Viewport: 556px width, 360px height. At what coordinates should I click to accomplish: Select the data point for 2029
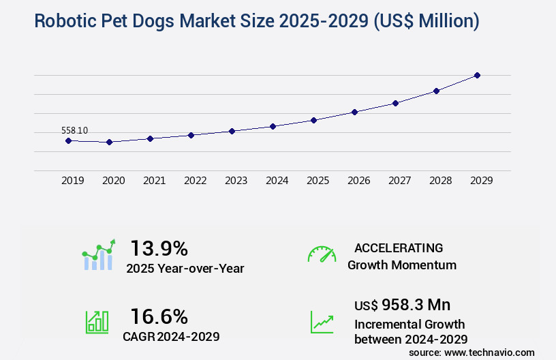point(477,75)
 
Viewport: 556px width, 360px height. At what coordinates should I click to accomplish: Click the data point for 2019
point(68,140)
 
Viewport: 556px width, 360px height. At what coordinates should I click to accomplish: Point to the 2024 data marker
point(273,126)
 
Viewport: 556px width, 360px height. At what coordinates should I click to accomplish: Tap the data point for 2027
point(395,103)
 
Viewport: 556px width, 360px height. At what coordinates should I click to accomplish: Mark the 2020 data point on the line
point(109,142)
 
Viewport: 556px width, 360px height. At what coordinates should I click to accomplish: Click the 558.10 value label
point(74,130)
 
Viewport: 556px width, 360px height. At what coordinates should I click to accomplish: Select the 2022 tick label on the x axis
point(195,181)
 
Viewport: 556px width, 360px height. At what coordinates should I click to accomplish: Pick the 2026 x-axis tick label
point(358,181)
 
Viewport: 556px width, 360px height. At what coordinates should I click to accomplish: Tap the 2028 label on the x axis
point(440,181)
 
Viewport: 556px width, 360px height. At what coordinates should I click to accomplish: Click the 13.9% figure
point(159,247)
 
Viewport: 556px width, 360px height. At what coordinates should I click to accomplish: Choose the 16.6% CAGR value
point(159,316)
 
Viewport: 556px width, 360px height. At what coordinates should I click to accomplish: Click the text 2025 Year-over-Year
point(185,269)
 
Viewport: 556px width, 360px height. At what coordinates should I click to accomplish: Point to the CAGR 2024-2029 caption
point(171,336)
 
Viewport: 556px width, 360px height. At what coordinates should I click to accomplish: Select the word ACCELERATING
point(399,247)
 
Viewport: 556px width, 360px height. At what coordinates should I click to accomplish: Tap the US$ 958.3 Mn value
point(402,304)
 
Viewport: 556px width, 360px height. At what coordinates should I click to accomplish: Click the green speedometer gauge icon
point(322,254)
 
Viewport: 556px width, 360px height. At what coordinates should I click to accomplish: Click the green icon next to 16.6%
point(97,322)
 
